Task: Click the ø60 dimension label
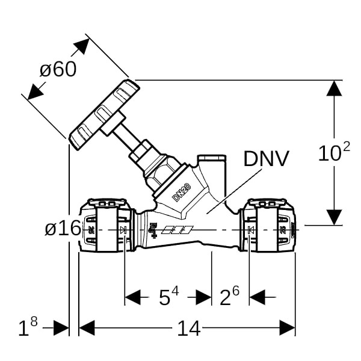pyautogui.click(x=58, y=70)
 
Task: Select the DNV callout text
pyautogui.click(x=267, y=158)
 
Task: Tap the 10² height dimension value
pyautogui.click(x=334, y=154)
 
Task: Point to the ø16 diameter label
pyautogui.click(x=63, y=228)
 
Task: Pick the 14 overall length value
pyautogui.click(x=188, y=329)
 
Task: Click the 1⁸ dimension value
pyautogui.click(x=28, y=328)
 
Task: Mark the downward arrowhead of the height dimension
pyautogui.click(x=334, y=217)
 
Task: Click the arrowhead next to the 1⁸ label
pyautogui.click(x=61, y=328)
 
